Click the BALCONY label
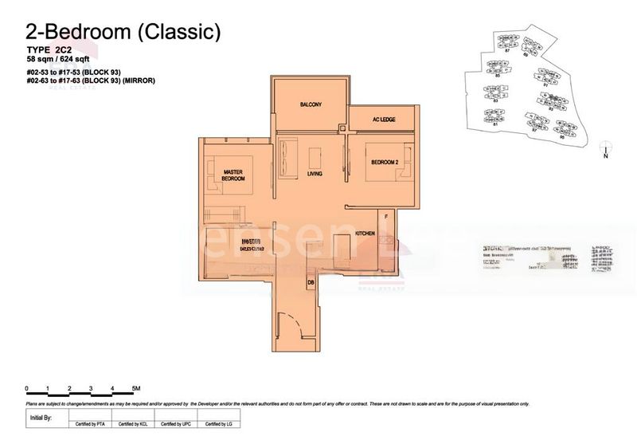pos(311,105)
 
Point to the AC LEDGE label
pos(384,120)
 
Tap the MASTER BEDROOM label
pos(233,175)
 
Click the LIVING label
pos(314,175)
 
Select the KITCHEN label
pos(365,234)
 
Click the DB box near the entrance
pos(310,281)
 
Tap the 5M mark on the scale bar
pos(136,388)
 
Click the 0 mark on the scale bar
pos(27,388)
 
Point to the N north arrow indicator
pos(607,154)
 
